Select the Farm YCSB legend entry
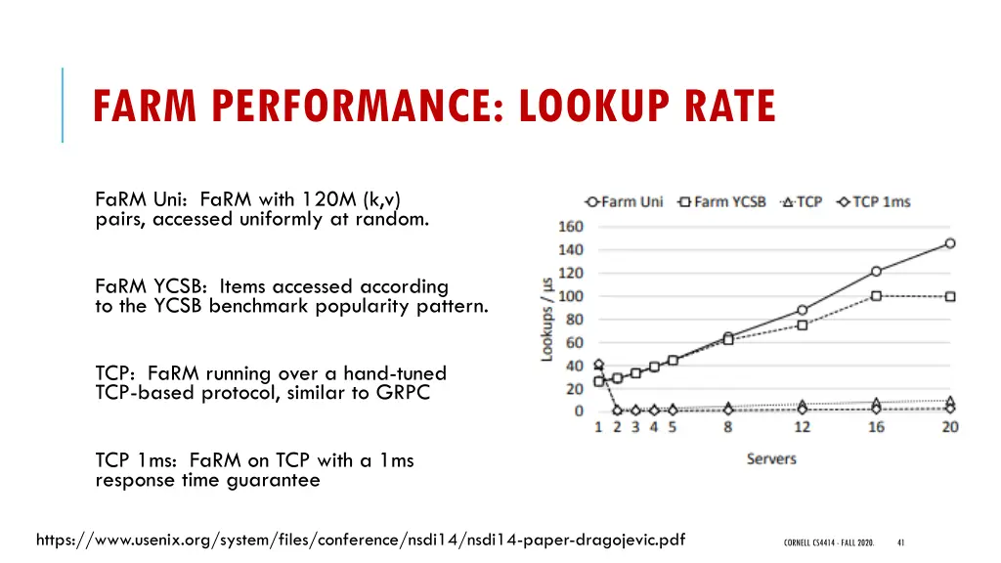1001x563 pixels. [x=722, y=202]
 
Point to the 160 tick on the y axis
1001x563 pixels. [x=570, y=227]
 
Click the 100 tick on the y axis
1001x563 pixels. [x=570, y=296]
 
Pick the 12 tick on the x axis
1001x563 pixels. [x=803, y=428]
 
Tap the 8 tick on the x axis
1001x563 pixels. [x=728, y=428]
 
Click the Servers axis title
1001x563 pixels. [x=771, y=458]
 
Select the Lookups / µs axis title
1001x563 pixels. [x=547, y=318]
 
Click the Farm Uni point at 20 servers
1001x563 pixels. [x=949, y=243]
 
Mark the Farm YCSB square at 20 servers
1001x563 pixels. [x=949, y=296]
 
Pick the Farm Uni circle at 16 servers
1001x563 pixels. [x=876, y=272]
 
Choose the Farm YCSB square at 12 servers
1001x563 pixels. [x=803, y=325]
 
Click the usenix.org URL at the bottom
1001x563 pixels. [x=360, y=539]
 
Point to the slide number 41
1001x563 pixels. [x=900, y=542]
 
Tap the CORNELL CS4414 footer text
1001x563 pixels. [x=828, y=542]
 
